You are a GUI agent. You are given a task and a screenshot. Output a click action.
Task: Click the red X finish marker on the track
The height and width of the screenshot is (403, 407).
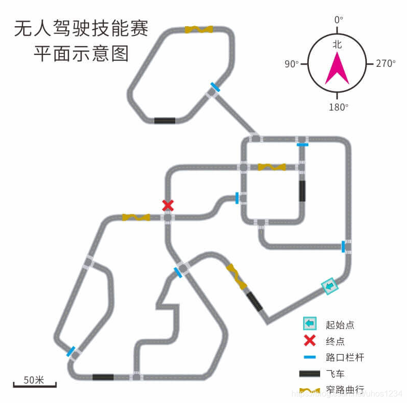(x=168, y=206)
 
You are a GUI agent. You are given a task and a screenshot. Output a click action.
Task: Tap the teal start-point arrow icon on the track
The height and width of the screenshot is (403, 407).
(x=329, y=286)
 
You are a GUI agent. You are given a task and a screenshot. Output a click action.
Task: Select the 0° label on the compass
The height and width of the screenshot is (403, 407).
(x=338, y=20)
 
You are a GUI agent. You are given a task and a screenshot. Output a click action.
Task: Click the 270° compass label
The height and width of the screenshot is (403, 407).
(x=385, y=64)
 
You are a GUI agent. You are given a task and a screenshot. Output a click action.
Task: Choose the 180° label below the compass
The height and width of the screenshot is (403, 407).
(x=338, y=107)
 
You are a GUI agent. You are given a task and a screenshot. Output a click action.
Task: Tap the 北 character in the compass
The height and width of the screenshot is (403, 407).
(x=337, y=45)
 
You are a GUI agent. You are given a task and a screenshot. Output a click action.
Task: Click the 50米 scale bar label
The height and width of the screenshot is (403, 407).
(x=34, y=380)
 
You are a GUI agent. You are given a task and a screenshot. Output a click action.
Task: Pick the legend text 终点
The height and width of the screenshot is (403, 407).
(x=335, y=341)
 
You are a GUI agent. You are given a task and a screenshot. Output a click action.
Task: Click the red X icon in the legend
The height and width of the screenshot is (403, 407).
(x=310, y=340)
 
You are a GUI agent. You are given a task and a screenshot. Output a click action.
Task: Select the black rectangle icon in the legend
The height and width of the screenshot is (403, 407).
(x=309, y=374)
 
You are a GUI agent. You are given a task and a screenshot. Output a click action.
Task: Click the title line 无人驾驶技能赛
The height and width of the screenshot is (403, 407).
(x=81, y=28)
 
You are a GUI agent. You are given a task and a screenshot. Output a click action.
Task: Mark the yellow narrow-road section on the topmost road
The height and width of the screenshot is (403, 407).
(x=199, y=29)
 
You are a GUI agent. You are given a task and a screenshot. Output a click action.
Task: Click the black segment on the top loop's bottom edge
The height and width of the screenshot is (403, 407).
(x=164, y=120)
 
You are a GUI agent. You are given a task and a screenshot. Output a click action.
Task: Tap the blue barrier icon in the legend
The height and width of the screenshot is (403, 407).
(x=309, y=357)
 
